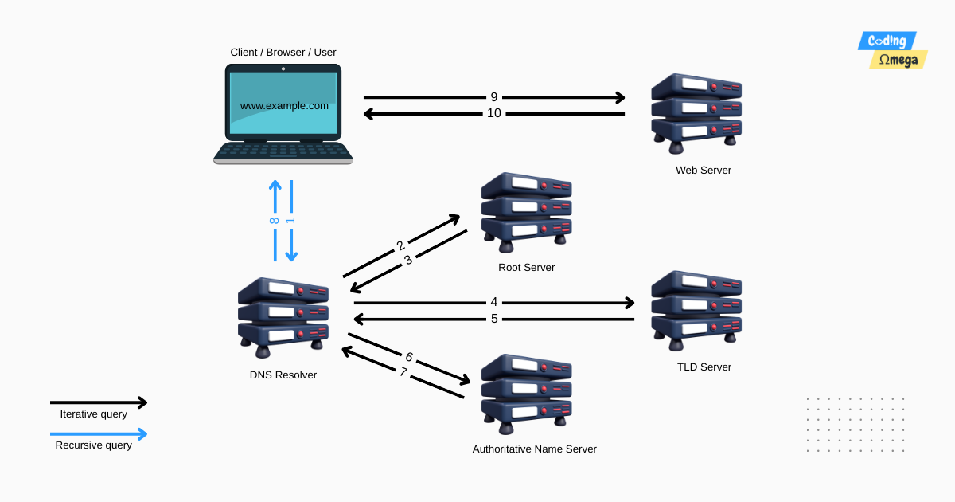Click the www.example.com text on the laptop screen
click(284, 105)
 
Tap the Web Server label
click(703, 170)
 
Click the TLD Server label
click(704, 367)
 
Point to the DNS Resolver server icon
click(283, 316)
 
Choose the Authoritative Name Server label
click(534, 449)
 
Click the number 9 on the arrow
click(493, 97)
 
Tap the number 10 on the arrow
click(494, 113)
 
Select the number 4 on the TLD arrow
click(494, 302)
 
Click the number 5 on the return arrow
click(494, 319)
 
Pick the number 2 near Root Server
click(401, 245)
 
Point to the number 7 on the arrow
click(403, 371)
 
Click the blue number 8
click(275, 220)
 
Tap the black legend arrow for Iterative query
click(99, 402)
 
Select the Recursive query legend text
click(93, 445)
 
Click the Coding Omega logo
click(892, 49)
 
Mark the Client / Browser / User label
click(283, 53)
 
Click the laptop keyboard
click(283, 151)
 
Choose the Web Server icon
click(696, 112)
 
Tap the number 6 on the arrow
click(409, 357)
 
